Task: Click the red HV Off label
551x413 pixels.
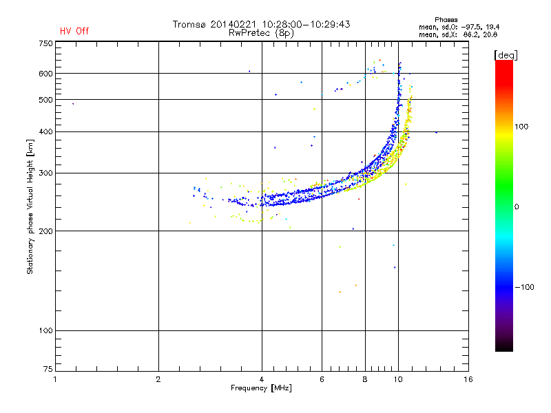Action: click(x=74, y=31)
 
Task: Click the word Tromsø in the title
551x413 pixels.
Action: click(x=189, y=24)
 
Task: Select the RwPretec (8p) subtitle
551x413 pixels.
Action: click(x=261, y=33)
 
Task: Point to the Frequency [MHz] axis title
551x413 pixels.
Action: click(x=261, y=388)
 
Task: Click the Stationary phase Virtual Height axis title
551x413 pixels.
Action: click(x=30, y=207)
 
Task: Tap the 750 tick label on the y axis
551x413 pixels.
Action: click(x=45, y=43)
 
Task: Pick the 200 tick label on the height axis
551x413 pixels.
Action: click(x=45, y=231)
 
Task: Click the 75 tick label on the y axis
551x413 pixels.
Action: click(x=48, y=369)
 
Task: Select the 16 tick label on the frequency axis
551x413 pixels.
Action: click(x=468, y=379)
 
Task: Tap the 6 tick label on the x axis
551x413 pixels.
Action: click(x=322, y=379)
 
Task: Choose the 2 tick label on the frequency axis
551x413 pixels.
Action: click(x=158, y=379)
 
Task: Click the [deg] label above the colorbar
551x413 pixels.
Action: click(x=506, y=55)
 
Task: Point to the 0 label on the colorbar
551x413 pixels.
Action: click(x=517, y=207)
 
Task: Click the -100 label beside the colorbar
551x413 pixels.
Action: click(x=525, y=287)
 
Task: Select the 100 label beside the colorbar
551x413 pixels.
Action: click(x=521, y=127)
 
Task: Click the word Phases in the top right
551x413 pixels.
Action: click(x=446, y=20)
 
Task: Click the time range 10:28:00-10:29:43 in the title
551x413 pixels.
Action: click(x=306, y=24)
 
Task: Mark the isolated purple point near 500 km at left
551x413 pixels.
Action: click(x=73, y=104)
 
